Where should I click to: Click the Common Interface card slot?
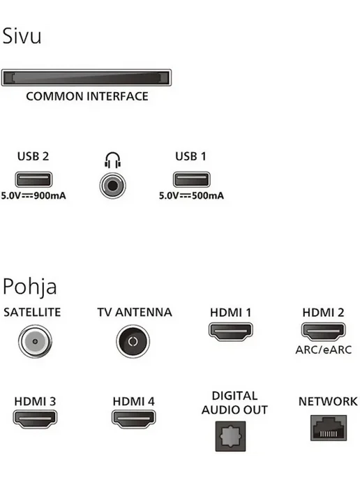pos(87,77)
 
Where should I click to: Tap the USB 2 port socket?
pos(33,179)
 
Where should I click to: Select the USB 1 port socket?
pos(192,179)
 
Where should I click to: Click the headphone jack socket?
pos(112,186)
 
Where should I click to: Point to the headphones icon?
pos(112,160)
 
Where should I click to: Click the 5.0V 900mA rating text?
pos(33,195)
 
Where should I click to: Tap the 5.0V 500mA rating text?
pos(191,195)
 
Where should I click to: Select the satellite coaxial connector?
pos(35,341)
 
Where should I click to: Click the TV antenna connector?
pos(133,341)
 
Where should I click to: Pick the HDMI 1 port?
pos(231,331)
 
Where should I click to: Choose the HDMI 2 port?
pos(323,331)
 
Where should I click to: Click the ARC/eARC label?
pos(324,350)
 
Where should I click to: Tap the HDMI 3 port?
pos(35,419)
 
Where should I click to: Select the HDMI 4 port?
pos(133,419)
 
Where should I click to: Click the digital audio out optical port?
pos(230,436)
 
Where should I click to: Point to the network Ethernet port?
pos(329,428)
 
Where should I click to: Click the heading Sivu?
pos(22,36)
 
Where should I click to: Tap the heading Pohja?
pos(30,287)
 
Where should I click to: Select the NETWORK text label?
pos(328,401)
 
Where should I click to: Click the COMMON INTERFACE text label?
pos(87,96)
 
